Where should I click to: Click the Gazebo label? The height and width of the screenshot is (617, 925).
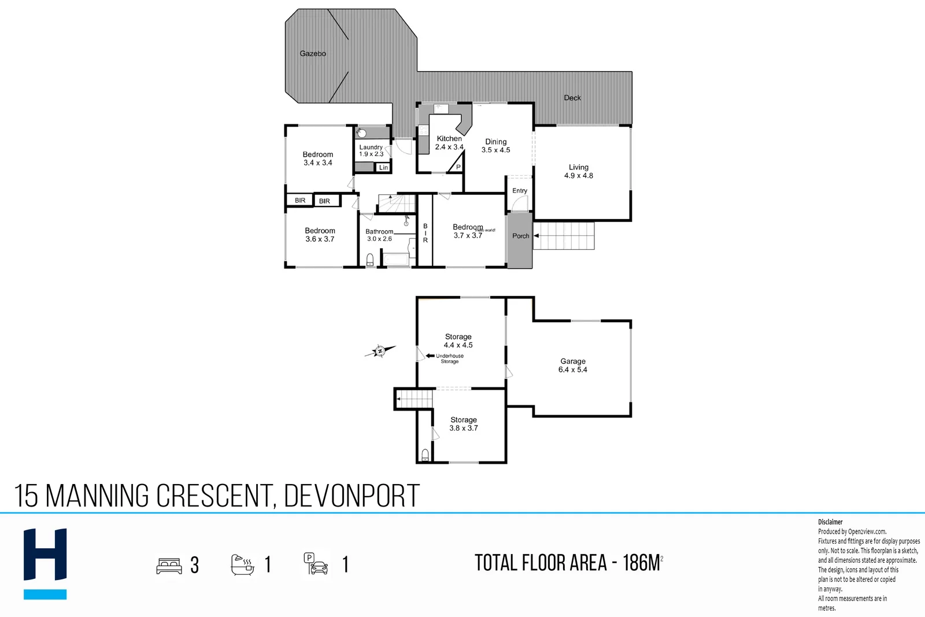[313, 53]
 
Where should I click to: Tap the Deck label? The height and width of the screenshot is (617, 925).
[572, 98]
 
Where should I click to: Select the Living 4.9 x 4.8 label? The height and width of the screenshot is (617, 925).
[579, 171]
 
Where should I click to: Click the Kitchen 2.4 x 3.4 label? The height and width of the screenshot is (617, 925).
[449, 143]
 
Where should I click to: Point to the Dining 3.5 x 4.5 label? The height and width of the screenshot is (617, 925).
[496, 146]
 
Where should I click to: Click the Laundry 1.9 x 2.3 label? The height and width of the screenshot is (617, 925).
[371, 150]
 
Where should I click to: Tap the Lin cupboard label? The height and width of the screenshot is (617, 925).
[383, 167]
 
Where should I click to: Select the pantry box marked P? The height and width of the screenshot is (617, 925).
[458, 167]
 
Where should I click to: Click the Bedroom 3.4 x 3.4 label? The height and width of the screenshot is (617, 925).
[318, 158]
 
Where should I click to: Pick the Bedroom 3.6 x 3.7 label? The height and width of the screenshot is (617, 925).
[320, 235]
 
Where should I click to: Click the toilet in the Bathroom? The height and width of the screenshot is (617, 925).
[370, 260]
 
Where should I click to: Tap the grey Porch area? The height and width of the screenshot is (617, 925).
[520, 243]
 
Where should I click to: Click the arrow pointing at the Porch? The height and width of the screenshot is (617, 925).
[536, 236]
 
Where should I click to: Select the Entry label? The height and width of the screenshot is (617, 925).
[520, 191]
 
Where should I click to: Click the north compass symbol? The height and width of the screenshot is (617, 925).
[380, 351]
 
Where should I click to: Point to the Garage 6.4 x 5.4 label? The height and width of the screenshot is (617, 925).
[573, 365]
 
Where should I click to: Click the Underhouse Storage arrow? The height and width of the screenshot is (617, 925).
[430, 356]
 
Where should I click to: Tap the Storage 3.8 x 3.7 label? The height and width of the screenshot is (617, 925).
[464, 424]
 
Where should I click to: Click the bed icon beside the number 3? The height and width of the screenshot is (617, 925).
[169, 565]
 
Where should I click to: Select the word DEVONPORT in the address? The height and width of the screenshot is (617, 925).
[351, 496]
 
